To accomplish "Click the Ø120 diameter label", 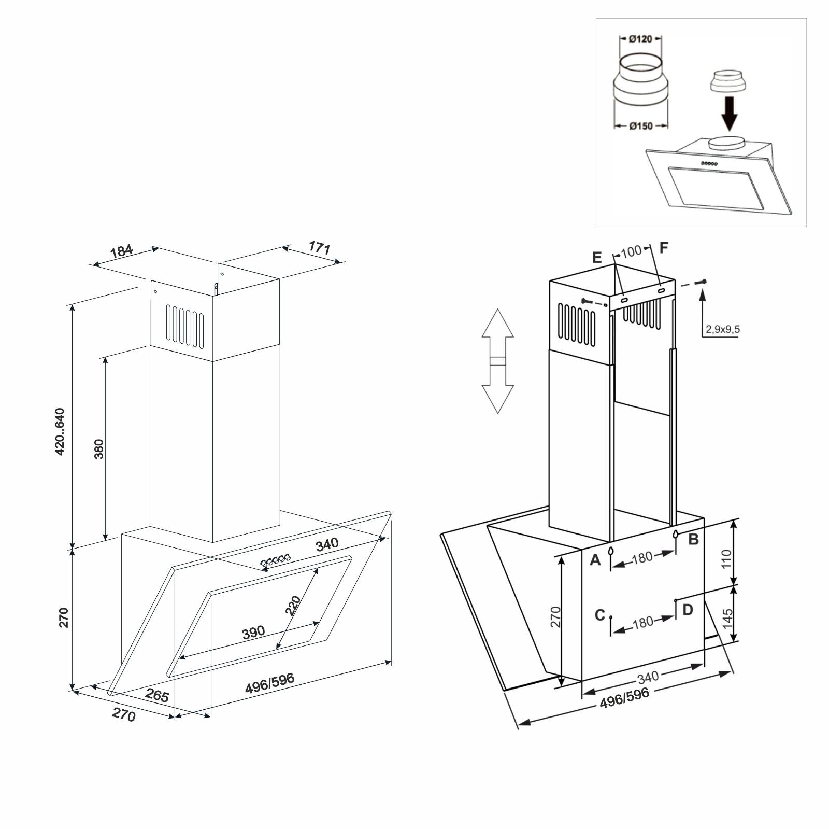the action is tap(640, 39).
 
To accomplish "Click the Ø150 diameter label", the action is tap(641, 126).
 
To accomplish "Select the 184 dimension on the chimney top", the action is tap(122, 251).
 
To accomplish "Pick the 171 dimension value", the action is tap(319, 247).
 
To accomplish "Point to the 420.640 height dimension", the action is tap(60, 431).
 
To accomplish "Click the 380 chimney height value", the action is tap(99, 449).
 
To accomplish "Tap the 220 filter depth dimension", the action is tap(293, 605).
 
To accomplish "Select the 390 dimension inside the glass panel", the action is tap(253, 632).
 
